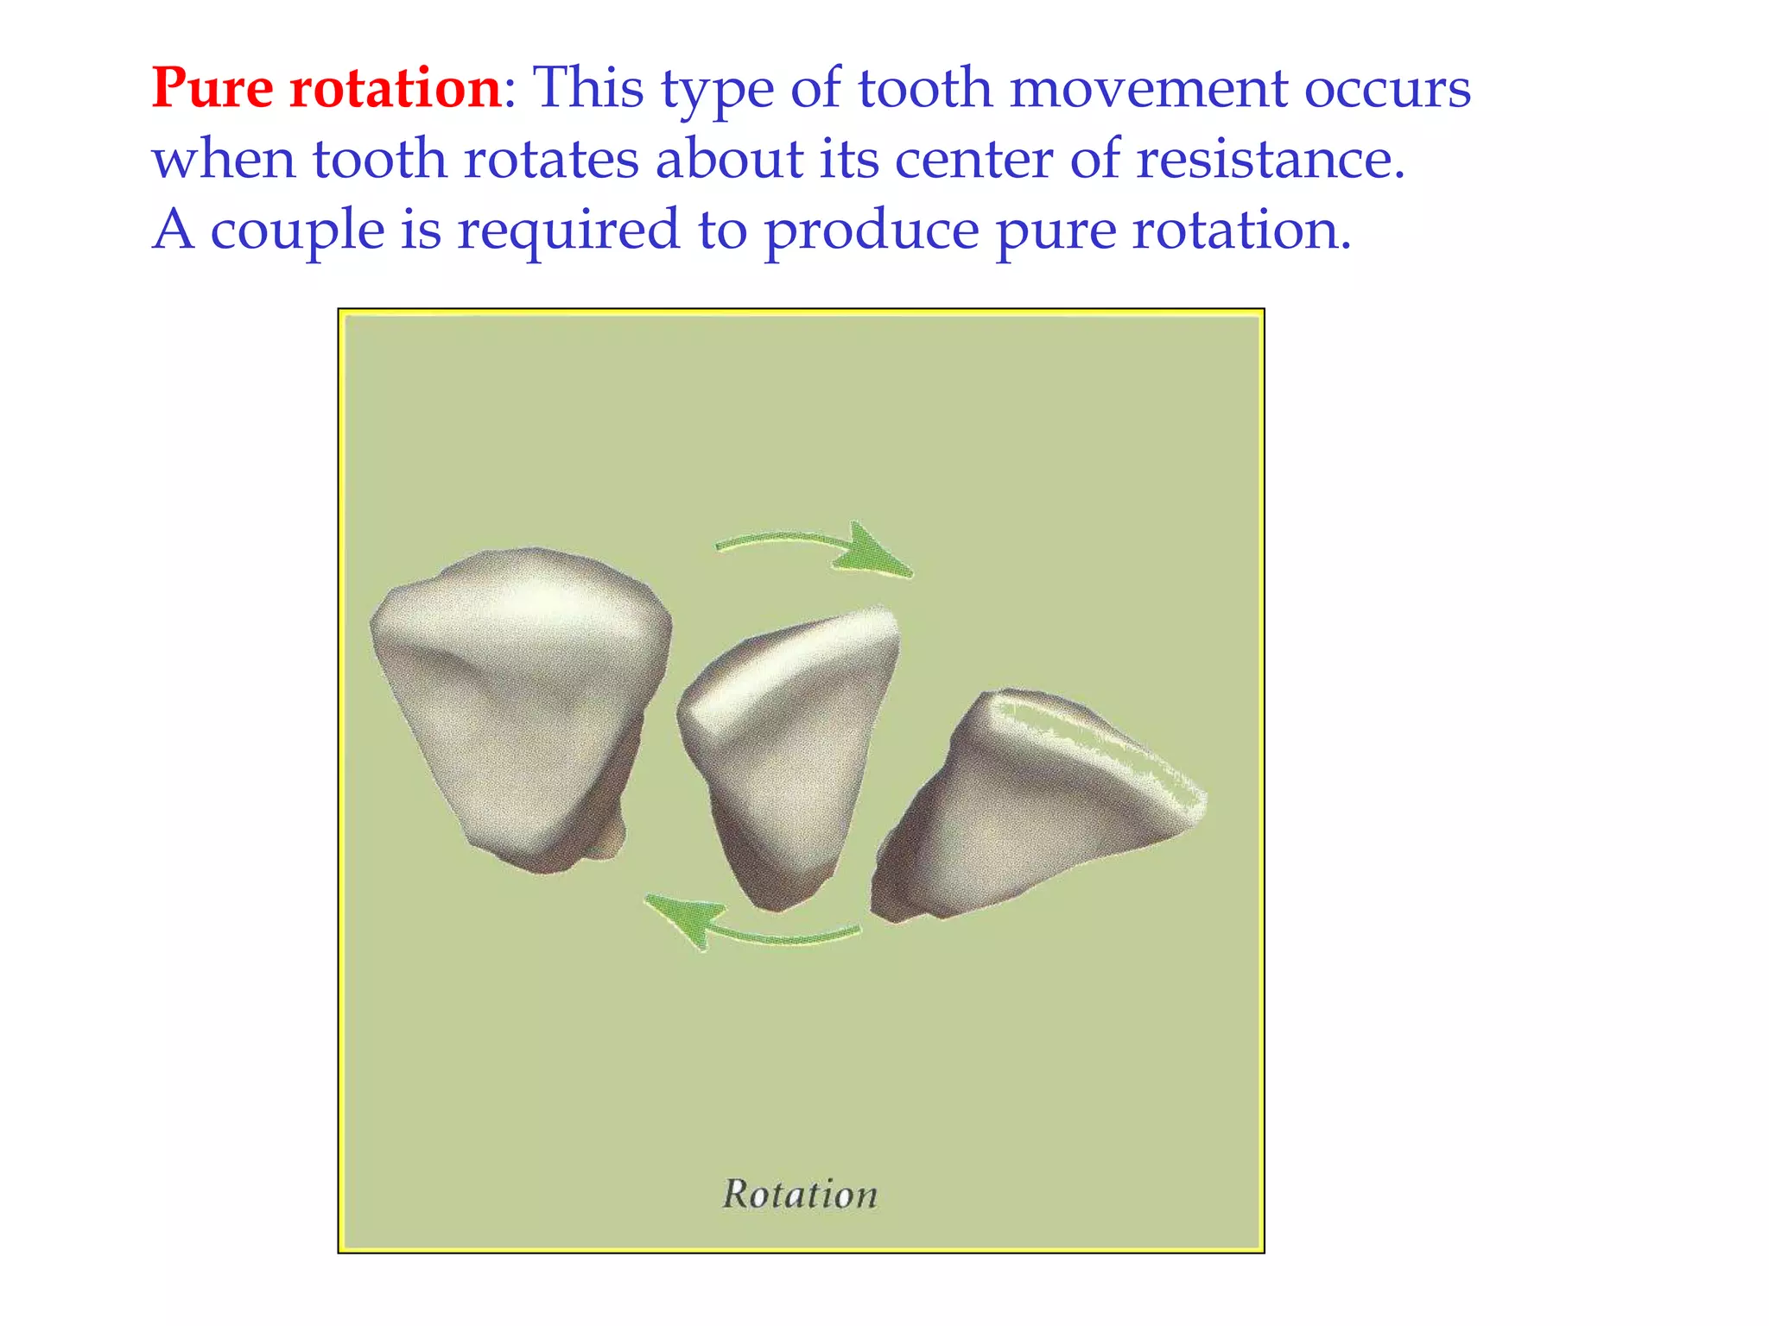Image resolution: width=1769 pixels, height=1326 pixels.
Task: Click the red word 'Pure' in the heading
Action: pos(212,88)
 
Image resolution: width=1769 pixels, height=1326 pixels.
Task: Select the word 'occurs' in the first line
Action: pos(1387,88)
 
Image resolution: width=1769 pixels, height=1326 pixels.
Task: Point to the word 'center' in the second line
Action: pos(973,160)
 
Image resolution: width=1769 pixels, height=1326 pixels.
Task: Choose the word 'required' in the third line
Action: pos(567,230)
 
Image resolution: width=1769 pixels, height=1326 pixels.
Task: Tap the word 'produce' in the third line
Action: pos(872,230)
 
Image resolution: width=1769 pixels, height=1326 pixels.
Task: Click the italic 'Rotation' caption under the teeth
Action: pos(800,1195)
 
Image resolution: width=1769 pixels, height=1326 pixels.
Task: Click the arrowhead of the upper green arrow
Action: pos(874,551)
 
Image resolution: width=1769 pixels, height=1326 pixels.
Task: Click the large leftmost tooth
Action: pos(518,699)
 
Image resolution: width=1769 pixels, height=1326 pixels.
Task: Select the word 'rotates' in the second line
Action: pos(559,160)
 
